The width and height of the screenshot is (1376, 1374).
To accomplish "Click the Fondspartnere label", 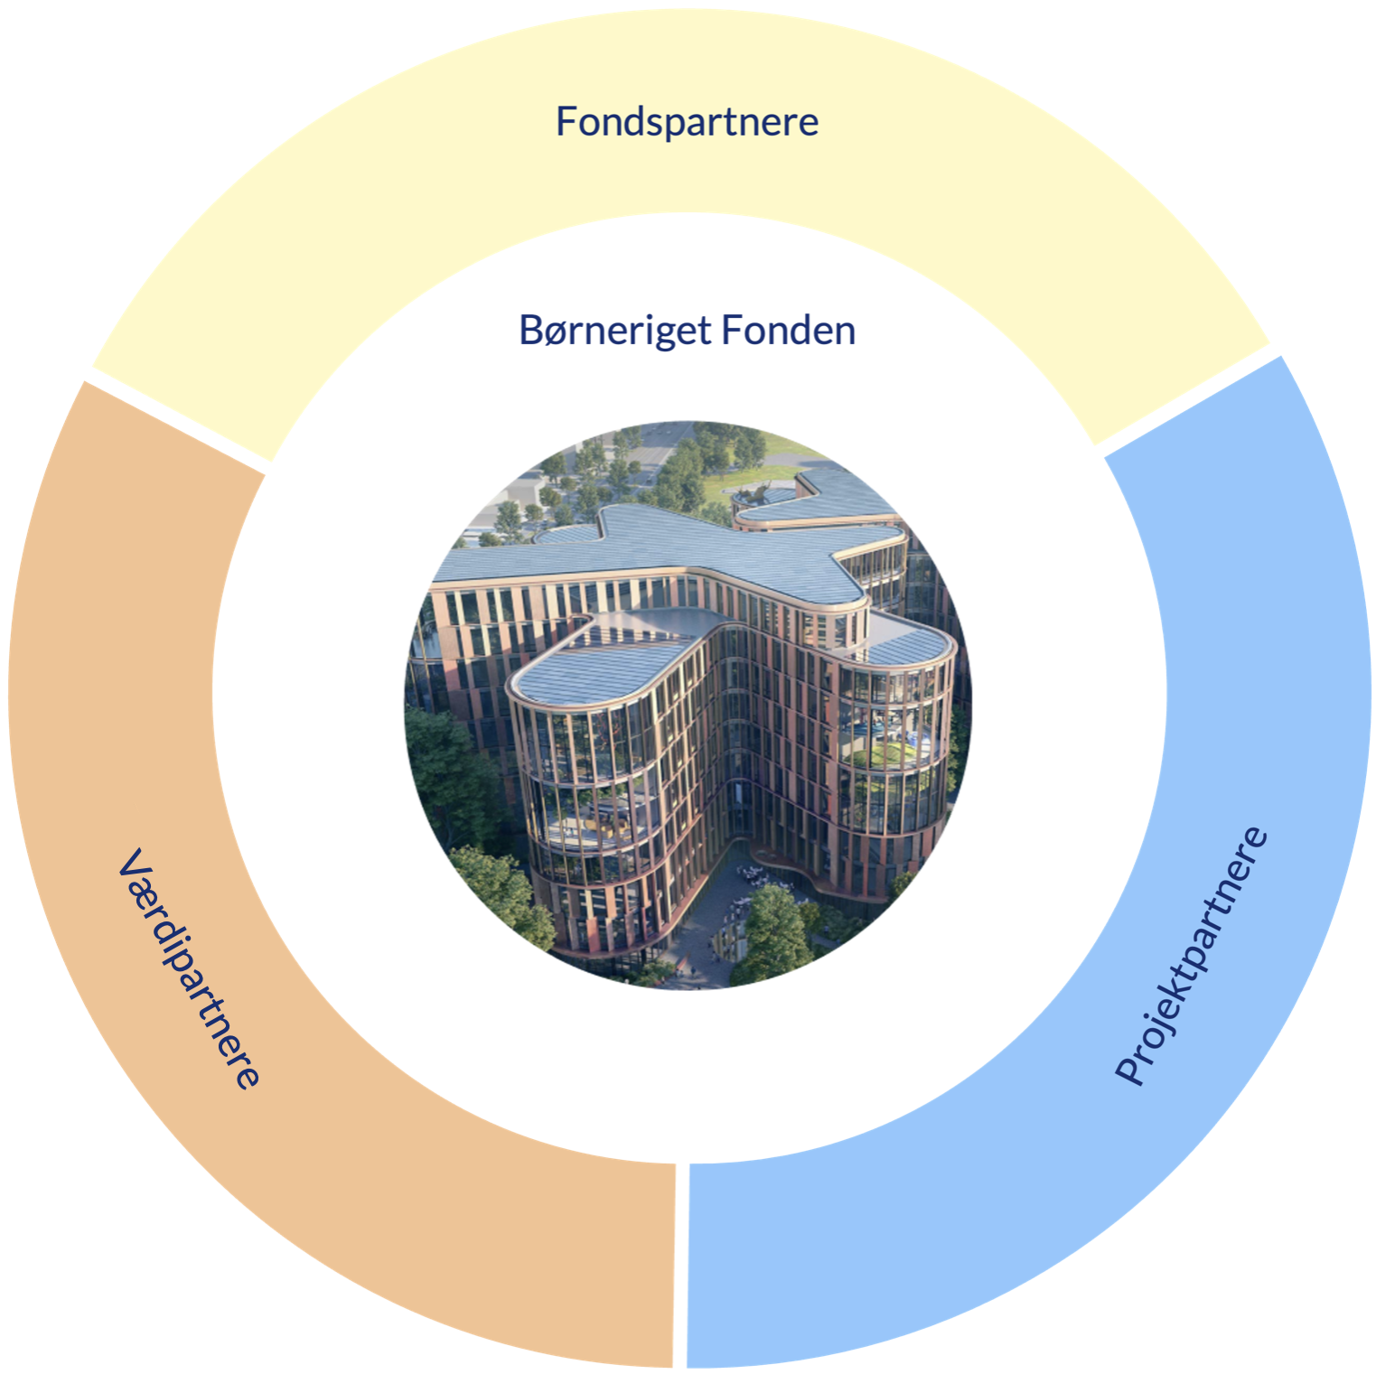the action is point(687,122).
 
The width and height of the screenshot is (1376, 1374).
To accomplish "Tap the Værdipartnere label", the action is point(189,967).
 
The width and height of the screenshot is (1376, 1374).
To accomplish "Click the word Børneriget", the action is point(613,331).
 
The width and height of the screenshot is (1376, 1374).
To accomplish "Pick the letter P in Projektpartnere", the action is point(1129,1070).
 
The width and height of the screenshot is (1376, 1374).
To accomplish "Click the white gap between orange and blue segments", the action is point(681,1265).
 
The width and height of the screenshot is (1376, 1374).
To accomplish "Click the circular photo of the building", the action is point(687,705).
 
